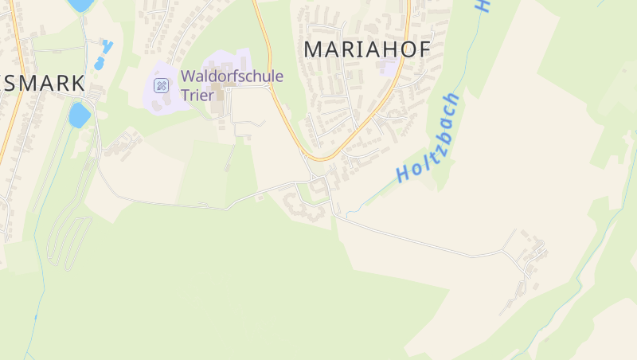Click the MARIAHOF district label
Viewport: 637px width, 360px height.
click(367, 49)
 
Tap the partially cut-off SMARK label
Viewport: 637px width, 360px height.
click(44, 83)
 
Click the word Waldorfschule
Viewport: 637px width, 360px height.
click(232, 76)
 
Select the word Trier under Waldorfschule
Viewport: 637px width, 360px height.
click(198, 94)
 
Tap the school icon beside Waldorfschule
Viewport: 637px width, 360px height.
click(161, 85)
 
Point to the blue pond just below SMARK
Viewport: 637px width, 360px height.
click(79, 115)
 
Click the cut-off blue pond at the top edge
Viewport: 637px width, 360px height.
click(80, 4)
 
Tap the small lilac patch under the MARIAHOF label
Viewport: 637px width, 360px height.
click(389, 67)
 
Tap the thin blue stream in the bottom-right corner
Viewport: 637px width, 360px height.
click(557, 319)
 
